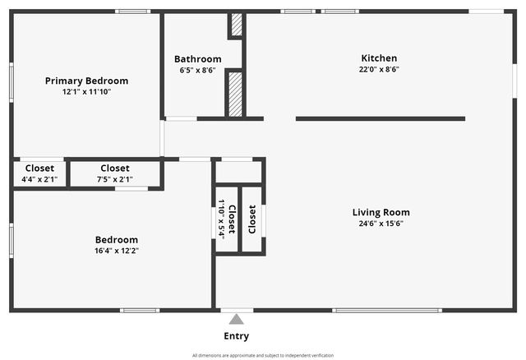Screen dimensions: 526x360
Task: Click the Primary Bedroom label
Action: tap(86, 81)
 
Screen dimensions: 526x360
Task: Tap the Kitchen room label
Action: tap(379, 58)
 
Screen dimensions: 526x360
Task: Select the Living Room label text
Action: tap(381, 212)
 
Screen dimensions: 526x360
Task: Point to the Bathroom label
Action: tap(198, 59)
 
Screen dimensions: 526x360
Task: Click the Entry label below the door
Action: tap(237, 336)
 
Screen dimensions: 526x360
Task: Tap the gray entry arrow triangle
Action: tap(237, 319)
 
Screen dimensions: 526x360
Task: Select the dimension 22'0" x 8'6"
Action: tap(379, 69)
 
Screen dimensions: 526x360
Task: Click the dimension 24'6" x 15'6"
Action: tap(381, 224)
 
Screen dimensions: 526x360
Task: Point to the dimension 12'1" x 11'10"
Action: tap(86, 91)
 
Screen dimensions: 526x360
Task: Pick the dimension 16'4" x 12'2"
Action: tap(117, 251)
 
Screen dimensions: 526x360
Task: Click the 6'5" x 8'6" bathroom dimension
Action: tap(197, 71)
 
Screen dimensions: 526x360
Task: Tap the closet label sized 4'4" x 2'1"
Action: tap(39, 168)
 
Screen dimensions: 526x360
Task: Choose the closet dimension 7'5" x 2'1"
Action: tap(115, 179)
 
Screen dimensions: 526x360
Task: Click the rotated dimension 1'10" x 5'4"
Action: tap(221, 219)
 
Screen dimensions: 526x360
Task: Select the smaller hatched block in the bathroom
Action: tap(237, 25)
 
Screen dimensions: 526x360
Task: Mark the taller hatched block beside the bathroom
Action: tap(235, 95)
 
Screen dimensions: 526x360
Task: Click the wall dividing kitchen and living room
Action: tap(381, 119)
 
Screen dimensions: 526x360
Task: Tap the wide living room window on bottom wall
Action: tap(387, 311)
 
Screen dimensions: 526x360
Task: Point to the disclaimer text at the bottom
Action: tap(263, 355)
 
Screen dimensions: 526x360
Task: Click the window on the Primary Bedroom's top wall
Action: tap(133, 12)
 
